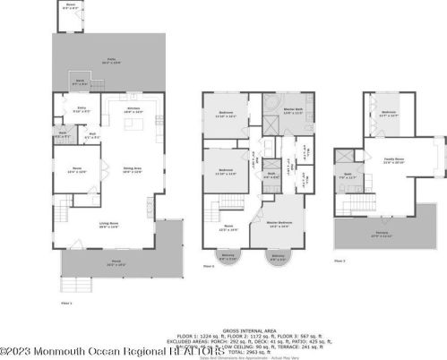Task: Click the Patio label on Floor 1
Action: tap(111, 62)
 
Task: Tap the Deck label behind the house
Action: tap(80, 81)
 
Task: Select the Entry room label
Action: tap(81, 111)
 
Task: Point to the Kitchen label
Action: tap(133, 109)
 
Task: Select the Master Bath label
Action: tap(270, 111)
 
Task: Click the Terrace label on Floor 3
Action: tap(381, 236)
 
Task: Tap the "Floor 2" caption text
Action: tap(209, 266)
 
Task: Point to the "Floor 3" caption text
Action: tap(340, 260)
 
